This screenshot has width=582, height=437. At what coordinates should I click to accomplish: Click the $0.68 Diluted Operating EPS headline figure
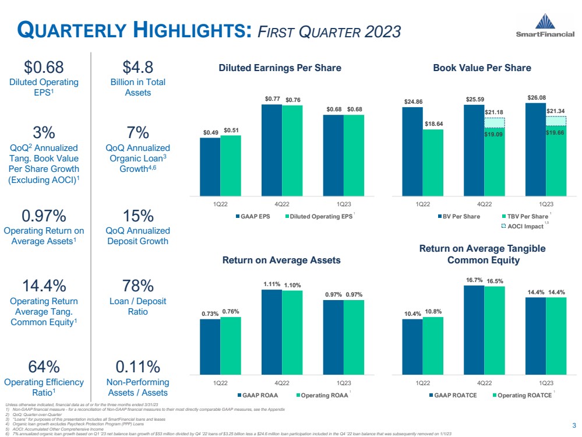pos(44,68)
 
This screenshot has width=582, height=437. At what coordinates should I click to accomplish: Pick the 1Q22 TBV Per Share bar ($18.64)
pos(433,163)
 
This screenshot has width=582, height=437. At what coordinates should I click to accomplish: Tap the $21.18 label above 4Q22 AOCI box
pos(494,111)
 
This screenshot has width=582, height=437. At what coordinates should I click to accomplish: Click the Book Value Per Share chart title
pos(482,68)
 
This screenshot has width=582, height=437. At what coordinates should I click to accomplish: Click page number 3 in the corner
pos(574,424)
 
